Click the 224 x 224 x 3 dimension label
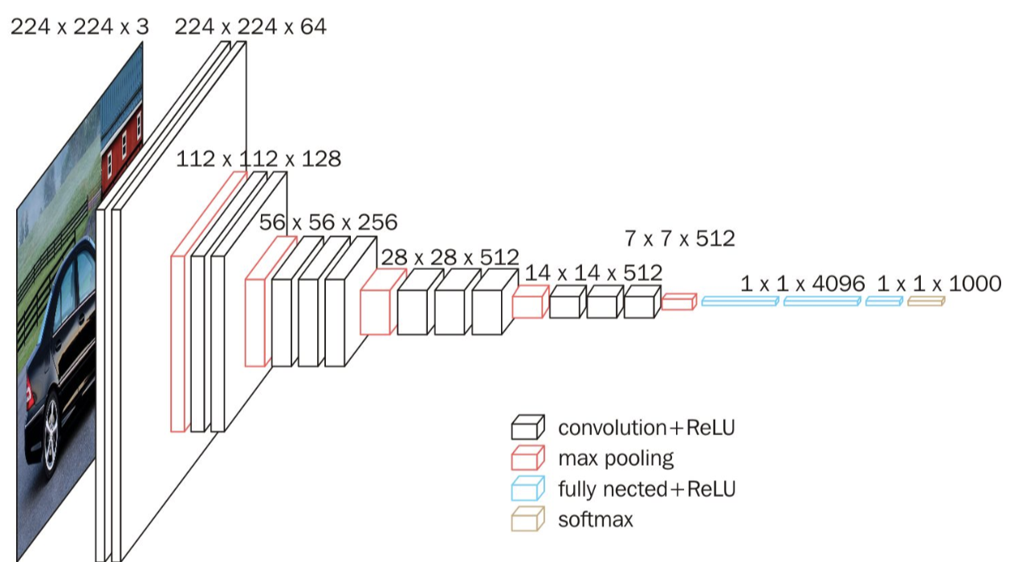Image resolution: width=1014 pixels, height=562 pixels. (79, 26)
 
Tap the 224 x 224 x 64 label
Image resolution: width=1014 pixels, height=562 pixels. (250, 26)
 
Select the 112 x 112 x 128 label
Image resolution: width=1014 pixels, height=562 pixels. (259, 159)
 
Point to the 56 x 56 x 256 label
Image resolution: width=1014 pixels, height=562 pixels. (328, 222)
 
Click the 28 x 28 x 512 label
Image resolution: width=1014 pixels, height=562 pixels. (450, 258)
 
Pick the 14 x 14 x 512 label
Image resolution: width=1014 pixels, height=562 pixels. (593, 273)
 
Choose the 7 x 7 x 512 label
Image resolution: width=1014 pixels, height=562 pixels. (680, 238)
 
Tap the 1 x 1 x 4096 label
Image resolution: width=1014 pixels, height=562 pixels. (803, 284)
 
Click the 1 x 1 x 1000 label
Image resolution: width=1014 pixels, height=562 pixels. (939, 284)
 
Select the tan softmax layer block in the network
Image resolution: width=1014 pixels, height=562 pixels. (926, 301)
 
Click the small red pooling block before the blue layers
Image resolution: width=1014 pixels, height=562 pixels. (679, 302)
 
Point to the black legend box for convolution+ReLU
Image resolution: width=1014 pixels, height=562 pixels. (527, 427)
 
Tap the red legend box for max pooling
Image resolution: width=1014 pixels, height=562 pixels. (527, 458)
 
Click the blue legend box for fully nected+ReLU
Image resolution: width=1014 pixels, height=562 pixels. (527, 488)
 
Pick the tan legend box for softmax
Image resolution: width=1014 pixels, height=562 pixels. (527, 519)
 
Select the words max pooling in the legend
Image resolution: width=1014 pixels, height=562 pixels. (616, 459)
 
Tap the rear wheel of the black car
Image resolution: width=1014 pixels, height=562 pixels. (51, 434)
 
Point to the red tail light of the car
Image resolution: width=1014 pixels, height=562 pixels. (30, 393)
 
